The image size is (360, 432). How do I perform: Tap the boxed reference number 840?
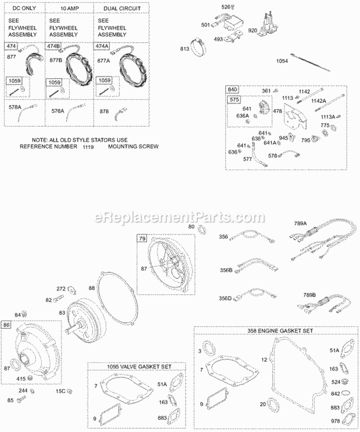tap(233, 90)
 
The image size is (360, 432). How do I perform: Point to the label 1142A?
tap(319, 101)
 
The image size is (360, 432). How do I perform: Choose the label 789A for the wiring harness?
tap(300, 223)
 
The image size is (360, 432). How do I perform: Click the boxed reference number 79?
tap(143, 238)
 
